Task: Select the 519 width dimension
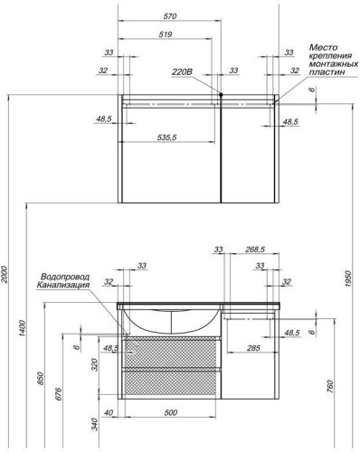(166, 34)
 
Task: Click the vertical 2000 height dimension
(6, 275)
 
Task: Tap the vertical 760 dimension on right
(331, 387)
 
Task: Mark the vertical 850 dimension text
(40, 380)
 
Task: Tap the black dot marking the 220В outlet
(220, 93)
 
